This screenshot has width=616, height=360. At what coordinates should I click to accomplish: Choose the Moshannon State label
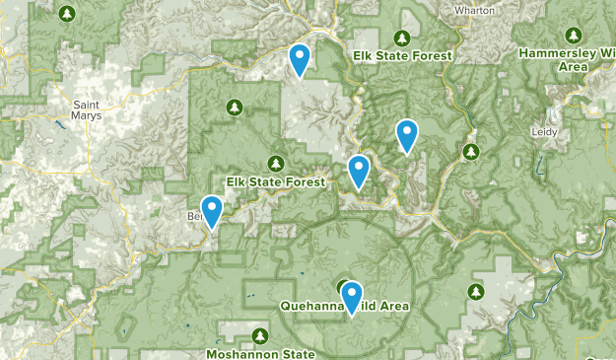260,353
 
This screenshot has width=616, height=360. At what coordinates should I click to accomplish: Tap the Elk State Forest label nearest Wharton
402,56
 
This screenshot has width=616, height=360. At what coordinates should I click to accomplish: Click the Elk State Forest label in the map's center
275,181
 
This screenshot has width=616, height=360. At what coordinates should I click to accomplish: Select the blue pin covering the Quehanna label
350,297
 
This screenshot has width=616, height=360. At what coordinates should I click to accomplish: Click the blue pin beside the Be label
210,210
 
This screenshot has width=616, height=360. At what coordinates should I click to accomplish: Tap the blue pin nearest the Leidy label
406,134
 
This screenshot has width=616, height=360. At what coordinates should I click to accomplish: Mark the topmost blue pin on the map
299,58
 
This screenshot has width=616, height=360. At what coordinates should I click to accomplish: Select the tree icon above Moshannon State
259,335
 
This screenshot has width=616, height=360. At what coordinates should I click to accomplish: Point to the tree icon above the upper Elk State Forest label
402,38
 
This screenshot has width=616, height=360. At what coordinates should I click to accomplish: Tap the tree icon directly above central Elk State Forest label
276,163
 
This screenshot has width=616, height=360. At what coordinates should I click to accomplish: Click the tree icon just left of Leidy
471,151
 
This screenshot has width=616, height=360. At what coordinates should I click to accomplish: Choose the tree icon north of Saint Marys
67,14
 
